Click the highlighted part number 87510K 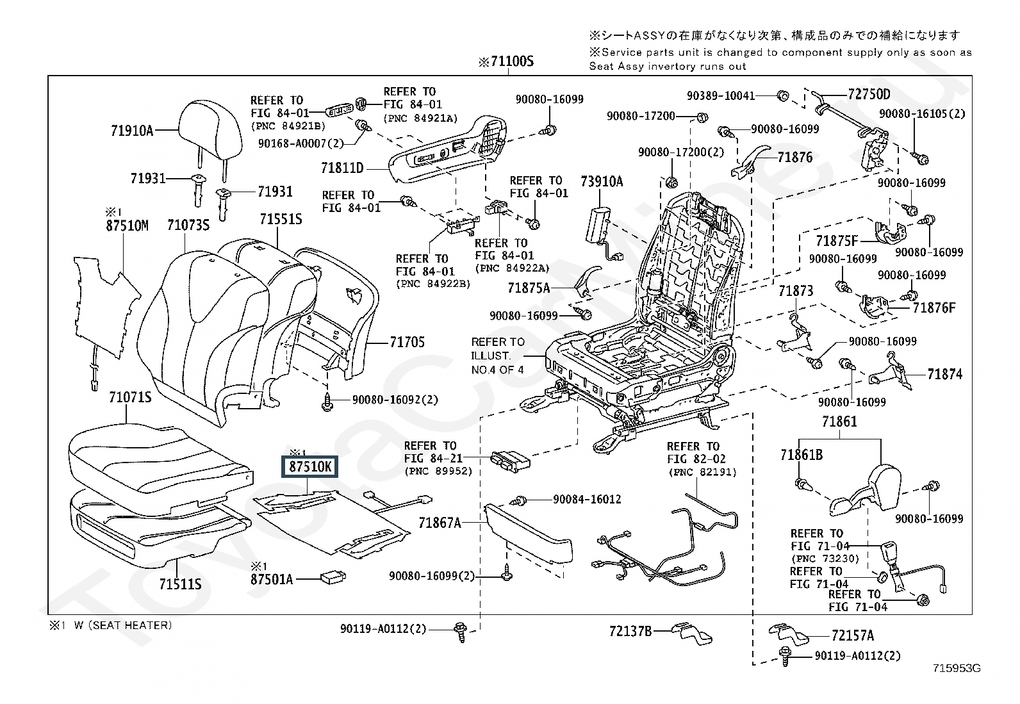311,467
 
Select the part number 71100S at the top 506,62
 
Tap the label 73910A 602,182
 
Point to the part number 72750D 869,95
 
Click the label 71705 407,342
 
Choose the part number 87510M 127,225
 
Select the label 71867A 440,523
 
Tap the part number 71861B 802,455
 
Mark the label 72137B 630,632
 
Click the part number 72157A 852,635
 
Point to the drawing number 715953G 957,669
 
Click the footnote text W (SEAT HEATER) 122,625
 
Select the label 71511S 181,584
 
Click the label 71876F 934,308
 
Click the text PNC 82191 702,472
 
